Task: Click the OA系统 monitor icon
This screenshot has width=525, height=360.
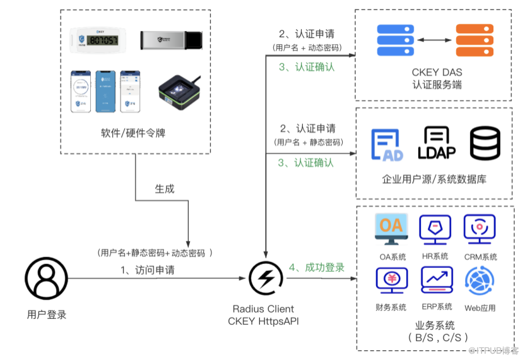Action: click(x=391, y=229)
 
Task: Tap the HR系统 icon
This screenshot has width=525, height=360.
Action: click(x=435, y=229)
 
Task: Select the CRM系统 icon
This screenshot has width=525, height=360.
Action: click(x=480, y=229)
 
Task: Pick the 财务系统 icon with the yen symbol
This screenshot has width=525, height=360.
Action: click(x=391, y=282)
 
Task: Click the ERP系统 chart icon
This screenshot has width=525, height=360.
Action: click(x=437, y=282)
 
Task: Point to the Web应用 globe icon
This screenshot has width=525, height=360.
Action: click(x=480, y=282)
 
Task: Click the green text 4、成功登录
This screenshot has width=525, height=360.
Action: click(x=317, y=267)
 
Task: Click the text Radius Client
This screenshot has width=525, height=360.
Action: click(x=263, y=309)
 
